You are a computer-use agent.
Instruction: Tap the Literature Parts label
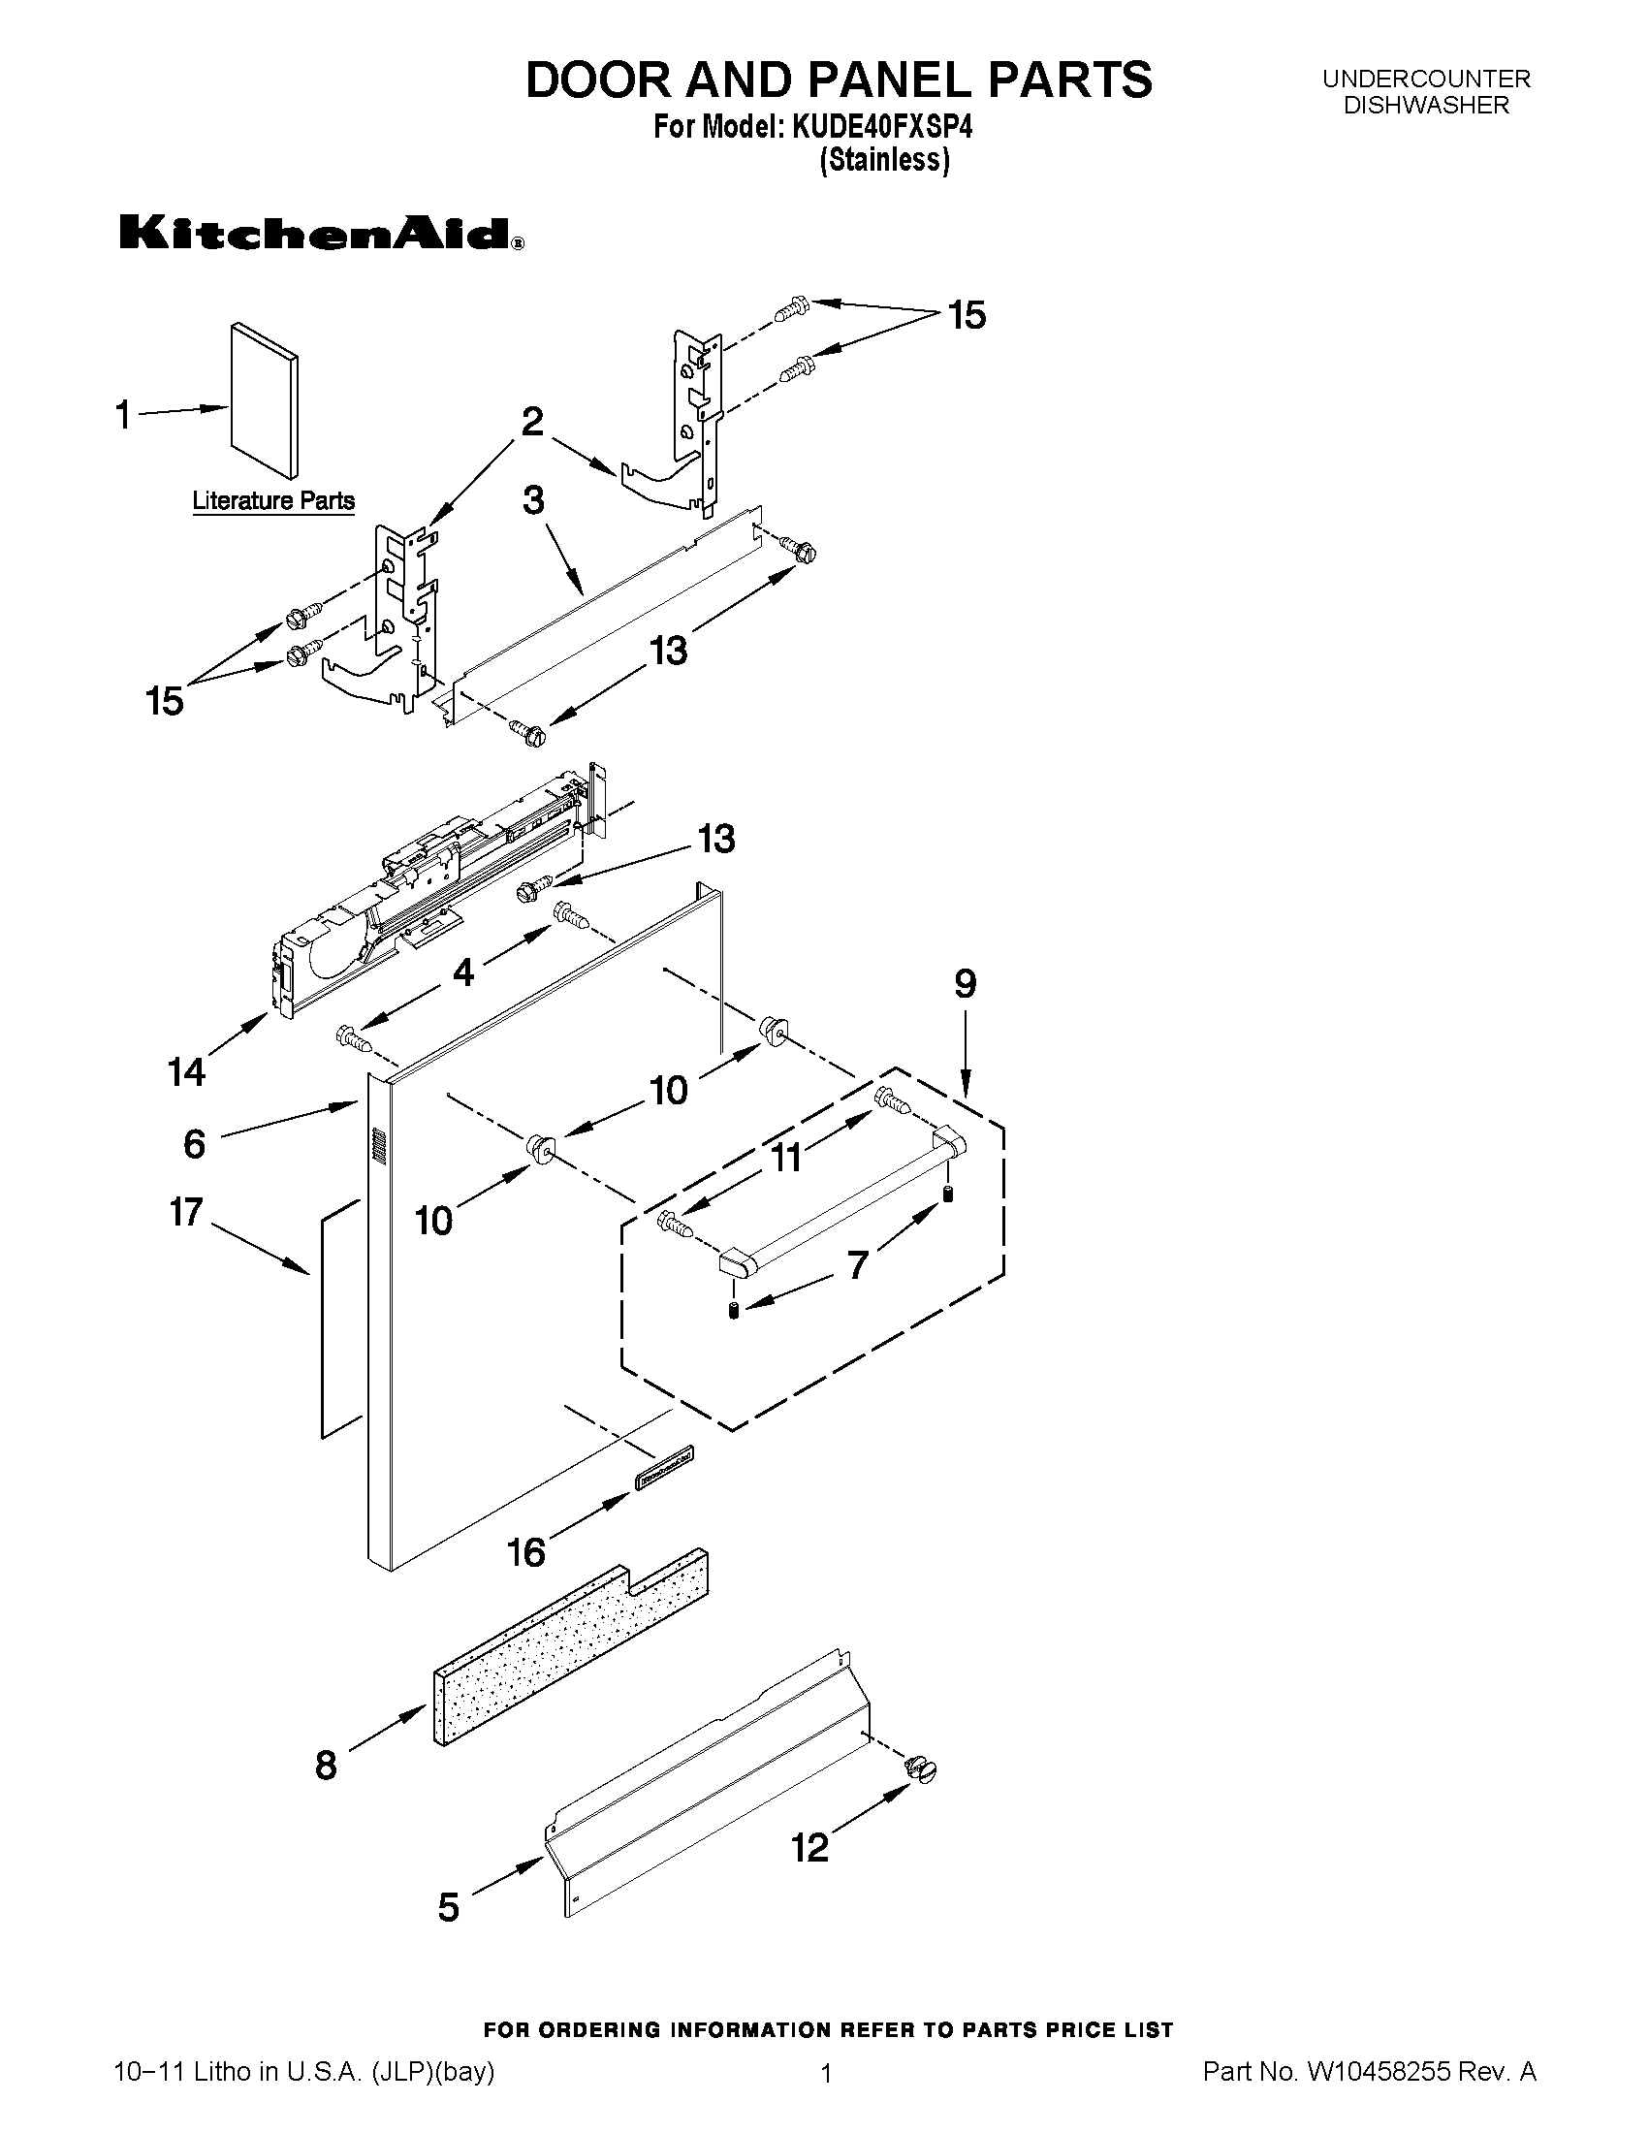[272, 501]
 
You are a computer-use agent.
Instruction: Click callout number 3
[533, 500]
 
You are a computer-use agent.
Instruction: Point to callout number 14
[186, 1072]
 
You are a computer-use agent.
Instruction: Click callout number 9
[965, 984]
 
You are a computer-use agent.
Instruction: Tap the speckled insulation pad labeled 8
[570, 1647]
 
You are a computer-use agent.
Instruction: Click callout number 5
[449, 1906]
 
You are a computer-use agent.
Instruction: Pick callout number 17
[186, 1212]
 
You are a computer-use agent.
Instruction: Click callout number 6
[195, 1143]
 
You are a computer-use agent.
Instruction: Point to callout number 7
[857, 1265]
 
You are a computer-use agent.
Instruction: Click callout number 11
[786, 1158]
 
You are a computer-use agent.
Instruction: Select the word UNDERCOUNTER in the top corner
[1426, 79]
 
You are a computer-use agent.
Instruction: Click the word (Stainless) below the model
[884, 159]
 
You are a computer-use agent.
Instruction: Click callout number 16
[526, 1551]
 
